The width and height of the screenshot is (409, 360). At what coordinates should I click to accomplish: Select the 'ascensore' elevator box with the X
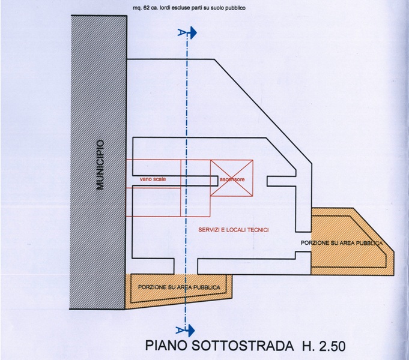(x=231, y=178)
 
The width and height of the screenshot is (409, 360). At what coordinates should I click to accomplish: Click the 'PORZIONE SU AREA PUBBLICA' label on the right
(x=341, y=242)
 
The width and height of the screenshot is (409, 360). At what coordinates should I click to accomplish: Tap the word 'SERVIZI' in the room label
(x=209, y=230)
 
